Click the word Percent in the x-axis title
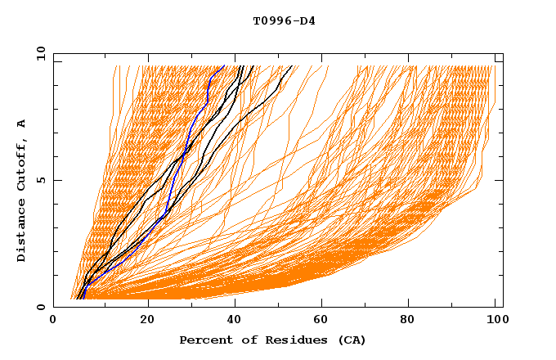click(x=204, y=340)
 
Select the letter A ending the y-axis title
click(x=21, y=124)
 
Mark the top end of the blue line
click(x=225, y=65)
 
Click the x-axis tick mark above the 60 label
click(x=322, y=304)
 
